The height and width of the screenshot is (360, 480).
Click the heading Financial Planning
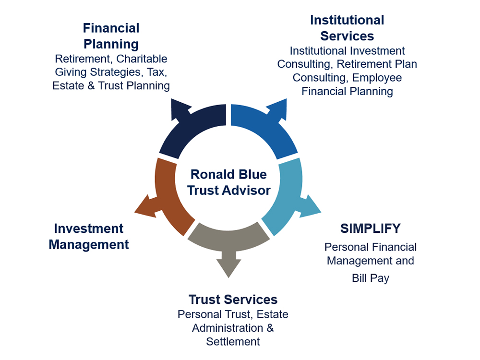click(111, 36)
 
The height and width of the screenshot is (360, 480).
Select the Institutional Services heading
click(347, 28)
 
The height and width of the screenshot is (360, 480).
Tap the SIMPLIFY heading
click(371, 228)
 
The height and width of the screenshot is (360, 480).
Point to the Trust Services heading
click(233, 300)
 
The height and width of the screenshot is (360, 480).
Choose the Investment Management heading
click(89, 236)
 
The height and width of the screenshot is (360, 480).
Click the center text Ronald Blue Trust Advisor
click(228, 182)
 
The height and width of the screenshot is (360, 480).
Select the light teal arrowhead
click(311, 206)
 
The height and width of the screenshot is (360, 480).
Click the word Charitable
click(142, 59)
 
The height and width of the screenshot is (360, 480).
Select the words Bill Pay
click(371, 278)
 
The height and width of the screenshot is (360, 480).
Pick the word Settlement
click(233, 341)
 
